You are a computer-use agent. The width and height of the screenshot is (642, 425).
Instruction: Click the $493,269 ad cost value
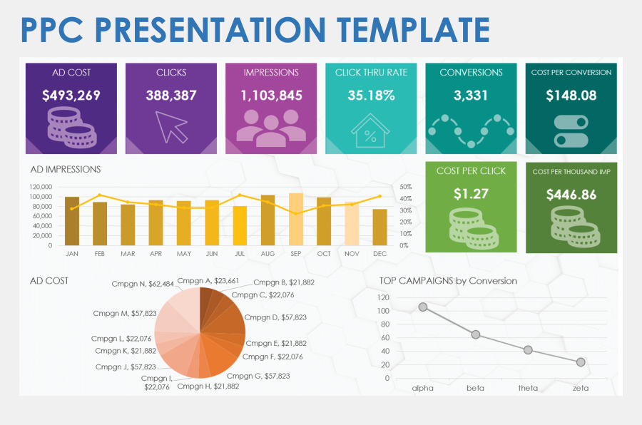pos(71,95)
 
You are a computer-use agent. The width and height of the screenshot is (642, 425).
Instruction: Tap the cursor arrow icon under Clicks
pos(171,126)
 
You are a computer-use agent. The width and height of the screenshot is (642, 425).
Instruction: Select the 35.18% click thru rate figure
pos(370,95)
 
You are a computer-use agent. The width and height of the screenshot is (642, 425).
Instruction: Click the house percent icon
pos(370,129)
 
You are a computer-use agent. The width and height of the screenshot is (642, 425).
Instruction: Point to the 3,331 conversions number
pos(471,95)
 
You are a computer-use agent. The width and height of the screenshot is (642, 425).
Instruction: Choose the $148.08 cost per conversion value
pos(571,95)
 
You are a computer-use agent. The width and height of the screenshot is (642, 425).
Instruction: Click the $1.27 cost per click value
pos(471,193)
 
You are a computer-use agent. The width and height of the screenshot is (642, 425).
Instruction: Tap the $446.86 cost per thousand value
pos(571,194)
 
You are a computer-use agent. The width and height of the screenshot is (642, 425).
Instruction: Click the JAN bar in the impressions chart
pos(72,221)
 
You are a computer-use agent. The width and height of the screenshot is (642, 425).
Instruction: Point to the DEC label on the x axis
pos(379,253)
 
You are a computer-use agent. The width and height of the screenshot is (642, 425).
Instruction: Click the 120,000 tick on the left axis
pos(40,187)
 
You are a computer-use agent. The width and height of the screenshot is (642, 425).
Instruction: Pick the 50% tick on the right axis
pos(404,187)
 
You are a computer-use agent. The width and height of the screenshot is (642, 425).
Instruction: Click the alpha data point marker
pos(423,307)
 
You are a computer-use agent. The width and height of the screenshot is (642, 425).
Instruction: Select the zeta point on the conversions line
pos(581,362)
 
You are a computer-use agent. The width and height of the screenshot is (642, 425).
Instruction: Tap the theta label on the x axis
pos(528,388)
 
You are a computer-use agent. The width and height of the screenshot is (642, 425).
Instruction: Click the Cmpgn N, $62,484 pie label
pos(143,284)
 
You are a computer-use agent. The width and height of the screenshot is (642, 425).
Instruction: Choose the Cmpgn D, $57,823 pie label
pos(275,317)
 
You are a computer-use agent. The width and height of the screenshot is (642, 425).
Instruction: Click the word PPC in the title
pos(53,30)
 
